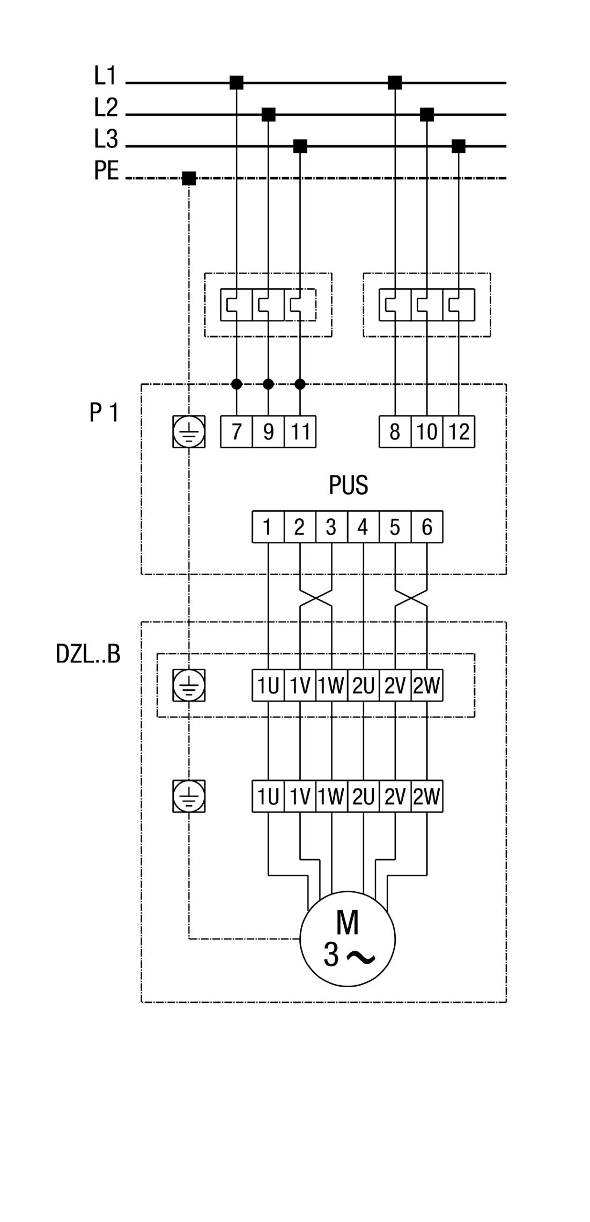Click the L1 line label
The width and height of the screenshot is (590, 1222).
click(x=105, y=76)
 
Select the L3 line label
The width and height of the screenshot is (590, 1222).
click(x=106, y=139)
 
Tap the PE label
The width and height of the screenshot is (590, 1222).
click(x=106, y=171)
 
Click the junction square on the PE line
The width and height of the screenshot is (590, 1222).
click(x=189, y=178)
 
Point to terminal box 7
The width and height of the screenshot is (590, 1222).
click(x=237, y=431)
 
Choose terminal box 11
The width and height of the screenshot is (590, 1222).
click(x=300, y=431)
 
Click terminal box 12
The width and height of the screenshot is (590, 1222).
click(x=459, y=431)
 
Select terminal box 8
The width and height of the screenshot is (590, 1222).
click(x=395, y=431)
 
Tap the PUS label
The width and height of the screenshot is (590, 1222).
click(x=348, y=486)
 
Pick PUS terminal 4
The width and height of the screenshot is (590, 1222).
click(x=363, y=527)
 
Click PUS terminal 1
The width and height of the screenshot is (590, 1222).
click(x=268, y=527)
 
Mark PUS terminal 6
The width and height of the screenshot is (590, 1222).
click(x=427, y=527)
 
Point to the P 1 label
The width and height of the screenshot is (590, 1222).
click(x=104, y=413)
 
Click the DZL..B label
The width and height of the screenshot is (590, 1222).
click(x=88, y=654)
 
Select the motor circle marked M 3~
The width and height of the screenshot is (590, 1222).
click(x=348, y=939)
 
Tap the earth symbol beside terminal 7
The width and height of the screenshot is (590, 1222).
click(x=189, y=431)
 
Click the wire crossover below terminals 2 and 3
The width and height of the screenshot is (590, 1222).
click(x=316, y=598)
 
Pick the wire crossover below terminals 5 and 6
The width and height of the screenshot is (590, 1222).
click(x=411, y=598)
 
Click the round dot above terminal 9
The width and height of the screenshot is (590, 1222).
click(x=268, y=384)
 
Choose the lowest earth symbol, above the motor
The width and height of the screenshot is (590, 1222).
click(x=189, y=796)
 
